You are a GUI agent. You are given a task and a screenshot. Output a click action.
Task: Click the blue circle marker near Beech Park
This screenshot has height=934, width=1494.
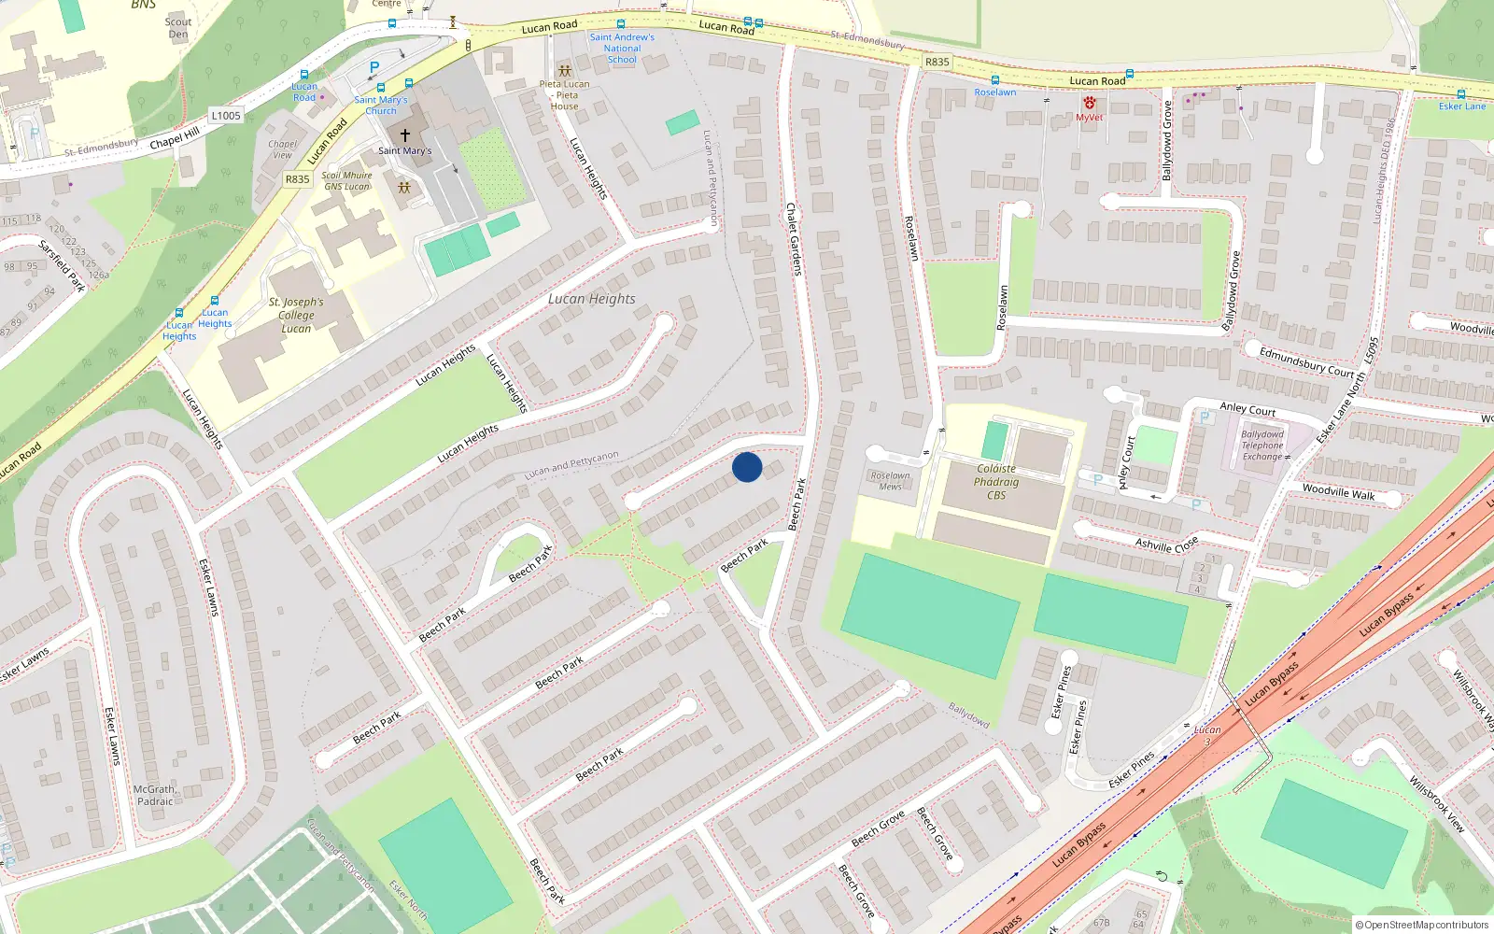coord(747,467)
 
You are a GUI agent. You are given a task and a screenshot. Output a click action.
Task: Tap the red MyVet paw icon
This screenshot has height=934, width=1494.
coord(1089,104)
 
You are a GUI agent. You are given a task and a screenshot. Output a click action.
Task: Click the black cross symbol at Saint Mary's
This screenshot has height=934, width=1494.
coord(405,135)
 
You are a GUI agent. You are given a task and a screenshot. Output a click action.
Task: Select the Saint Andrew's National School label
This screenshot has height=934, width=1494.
coord(622,49)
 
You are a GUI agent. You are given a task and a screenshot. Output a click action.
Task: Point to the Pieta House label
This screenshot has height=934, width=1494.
coord(565,95)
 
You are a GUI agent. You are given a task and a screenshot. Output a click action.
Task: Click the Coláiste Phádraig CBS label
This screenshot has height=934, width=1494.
coord(996,482)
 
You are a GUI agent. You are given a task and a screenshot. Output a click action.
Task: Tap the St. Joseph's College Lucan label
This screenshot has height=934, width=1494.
coord(296,315)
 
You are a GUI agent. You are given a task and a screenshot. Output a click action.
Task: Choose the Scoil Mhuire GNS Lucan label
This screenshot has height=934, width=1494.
coord(346,180)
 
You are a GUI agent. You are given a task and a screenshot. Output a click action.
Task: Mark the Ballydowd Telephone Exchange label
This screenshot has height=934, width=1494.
coord(1262,446)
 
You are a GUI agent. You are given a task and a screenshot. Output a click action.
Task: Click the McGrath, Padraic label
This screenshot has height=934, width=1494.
coord(155,795)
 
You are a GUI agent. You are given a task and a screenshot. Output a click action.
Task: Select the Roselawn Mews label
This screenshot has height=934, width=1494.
coord(890,480)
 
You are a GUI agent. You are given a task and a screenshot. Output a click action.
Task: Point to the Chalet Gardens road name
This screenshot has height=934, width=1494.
coord(794,239)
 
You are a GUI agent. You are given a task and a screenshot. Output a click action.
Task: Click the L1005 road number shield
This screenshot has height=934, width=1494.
coord(226,116)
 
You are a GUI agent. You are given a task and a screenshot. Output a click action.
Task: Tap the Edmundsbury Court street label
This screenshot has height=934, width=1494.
coord(1306,361)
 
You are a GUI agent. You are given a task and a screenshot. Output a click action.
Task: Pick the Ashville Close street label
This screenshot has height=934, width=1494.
coord(1166,544)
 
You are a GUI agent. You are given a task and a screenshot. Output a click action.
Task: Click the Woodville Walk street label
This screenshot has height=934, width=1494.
coord(1338,491)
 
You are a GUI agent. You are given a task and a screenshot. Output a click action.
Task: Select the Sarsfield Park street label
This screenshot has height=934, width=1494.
coord(63,265)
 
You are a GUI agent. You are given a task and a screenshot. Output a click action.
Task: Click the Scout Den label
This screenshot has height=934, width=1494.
coord(178,28)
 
